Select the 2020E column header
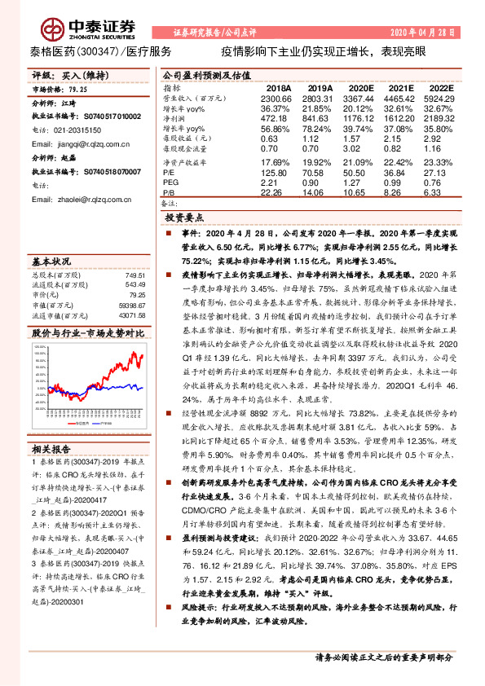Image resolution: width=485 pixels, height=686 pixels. click(x=358, y=86)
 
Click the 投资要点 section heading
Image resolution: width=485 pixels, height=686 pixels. click(x=187, y=218)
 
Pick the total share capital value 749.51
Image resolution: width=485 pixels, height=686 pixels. click(x=133, y=275)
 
